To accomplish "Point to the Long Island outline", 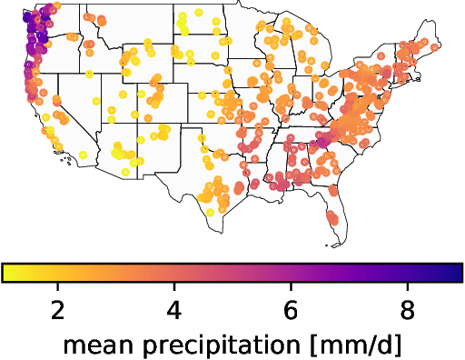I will [x=411, y=91].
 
